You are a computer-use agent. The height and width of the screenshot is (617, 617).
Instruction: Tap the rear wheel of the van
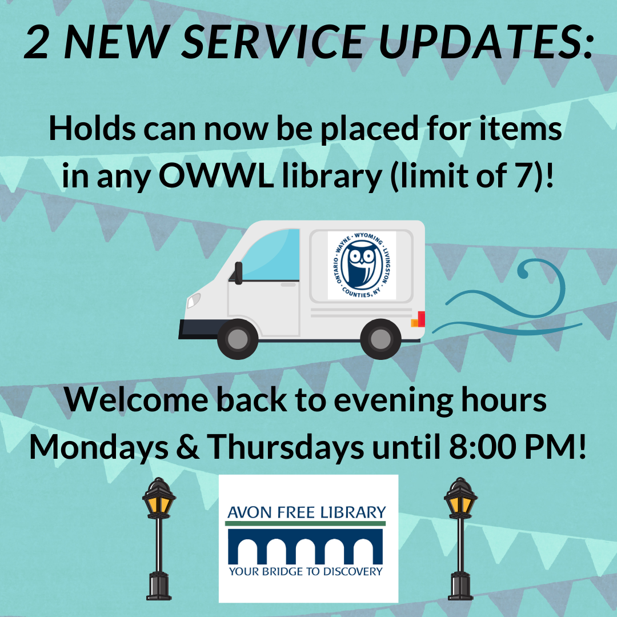pyautogui.click(x=380, y=339)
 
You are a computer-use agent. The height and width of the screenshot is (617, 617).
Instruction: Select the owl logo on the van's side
pyautogui.click(x=362, y=265)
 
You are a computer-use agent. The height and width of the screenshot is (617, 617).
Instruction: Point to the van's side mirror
pyautogui.click(x=238, y=273)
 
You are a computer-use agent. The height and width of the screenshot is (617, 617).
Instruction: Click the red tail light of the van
pyautogui.click(x=421, y=319)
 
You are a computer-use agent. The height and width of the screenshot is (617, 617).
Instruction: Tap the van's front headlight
pyautogui.click(x=195, y=299)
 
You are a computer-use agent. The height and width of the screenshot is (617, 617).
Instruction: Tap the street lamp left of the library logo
pyautogui.click(x=158, y=537)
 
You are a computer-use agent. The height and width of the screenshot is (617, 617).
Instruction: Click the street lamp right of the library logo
pyautogui.click(x=460, y=537)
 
